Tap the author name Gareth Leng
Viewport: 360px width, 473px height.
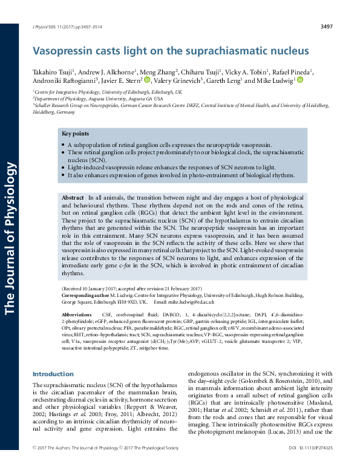click(223, 80)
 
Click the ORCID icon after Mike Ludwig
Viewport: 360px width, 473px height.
click(300, 80)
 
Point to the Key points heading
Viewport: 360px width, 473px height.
click(75, 133)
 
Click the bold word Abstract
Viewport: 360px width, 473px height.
click(73, 198)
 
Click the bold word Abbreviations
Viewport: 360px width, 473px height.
click(79, 315)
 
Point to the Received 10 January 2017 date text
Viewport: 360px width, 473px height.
click(93, 289)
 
